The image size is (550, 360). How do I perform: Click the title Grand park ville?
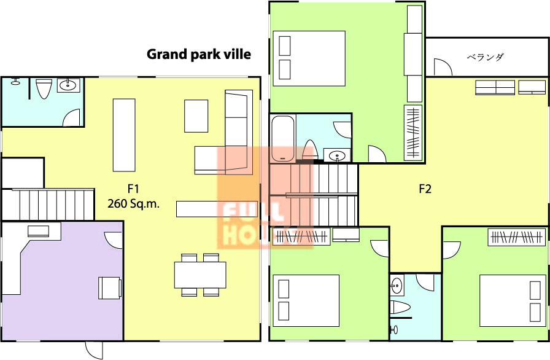coord(198,55)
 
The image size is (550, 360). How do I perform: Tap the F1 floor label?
coord(133,189)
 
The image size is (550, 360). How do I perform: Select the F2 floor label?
coord(425,189)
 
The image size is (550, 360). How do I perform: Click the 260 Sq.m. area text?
coord(133,203)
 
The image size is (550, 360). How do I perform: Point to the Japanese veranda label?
coord(485,57)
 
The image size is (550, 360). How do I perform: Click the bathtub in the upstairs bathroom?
coord(283,138)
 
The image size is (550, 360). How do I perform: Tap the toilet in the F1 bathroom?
coord(44,88)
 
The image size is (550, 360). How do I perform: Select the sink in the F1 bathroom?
coord(68,85)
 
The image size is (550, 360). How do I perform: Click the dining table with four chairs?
coord(200,275)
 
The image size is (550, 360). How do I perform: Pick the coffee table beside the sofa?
coord(196,116)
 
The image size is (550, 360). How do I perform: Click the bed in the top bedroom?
coord(309,58)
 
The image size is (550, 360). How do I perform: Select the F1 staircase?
coord(48,205)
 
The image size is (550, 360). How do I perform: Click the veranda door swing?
coord(443,67)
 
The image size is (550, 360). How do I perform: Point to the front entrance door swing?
coord(94,350)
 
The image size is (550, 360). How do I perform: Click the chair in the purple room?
coord(110,288)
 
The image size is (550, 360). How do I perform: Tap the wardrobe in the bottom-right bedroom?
coord(517,237)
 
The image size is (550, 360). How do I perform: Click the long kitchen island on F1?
coord(124,135)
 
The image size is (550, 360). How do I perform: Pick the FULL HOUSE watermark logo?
coord(265,198)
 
